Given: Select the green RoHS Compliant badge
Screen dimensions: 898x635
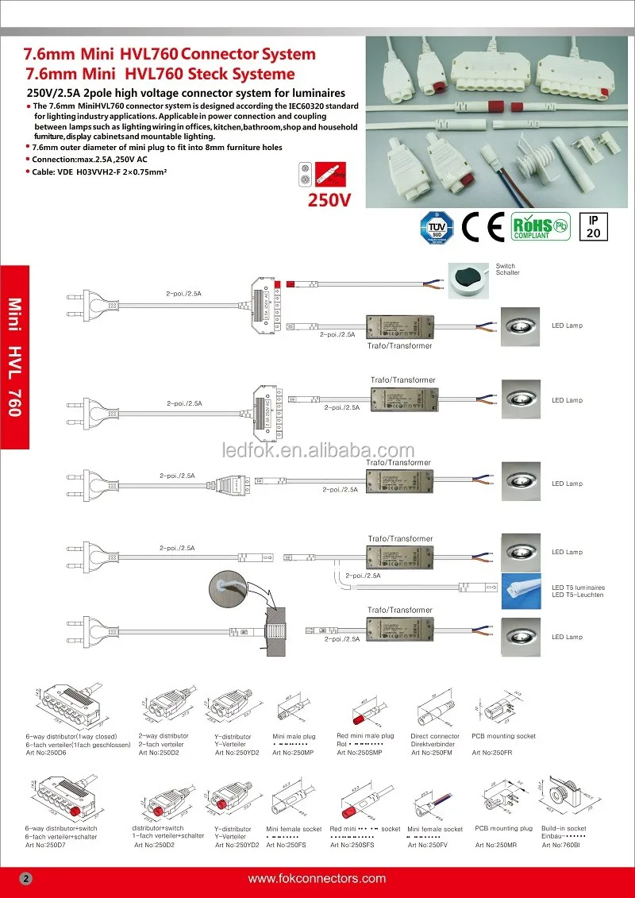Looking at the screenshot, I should [540, 226].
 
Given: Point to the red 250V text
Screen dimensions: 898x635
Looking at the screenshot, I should [329, 200].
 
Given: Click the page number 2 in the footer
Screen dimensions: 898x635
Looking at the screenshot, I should [25, 879].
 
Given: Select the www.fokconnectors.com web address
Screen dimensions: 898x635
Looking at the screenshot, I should [317, 879].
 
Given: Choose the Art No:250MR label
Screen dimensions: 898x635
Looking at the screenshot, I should [496, 845].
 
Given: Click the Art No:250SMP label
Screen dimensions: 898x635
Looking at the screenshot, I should [360, 753].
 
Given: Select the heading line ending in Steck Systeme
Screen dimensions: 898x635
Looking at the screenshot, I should [160, 74].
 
